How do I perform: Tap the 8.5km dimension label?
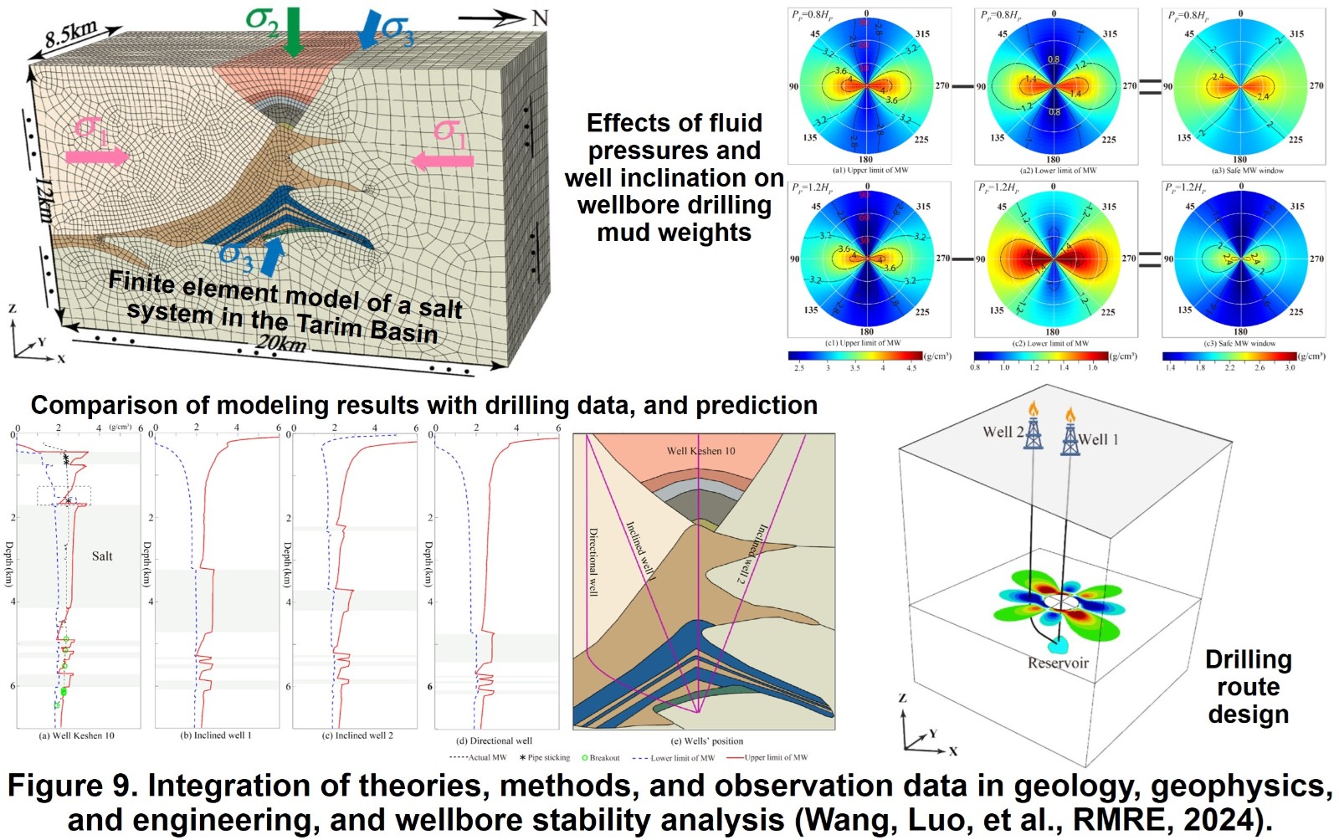point(71,35)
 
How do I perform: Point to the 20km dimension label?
point(280,343)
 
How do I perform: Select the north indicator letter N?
point(540,18)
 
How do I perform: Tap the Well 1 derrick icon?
point(1070,434)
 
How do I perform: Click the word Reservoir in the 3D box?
point(1058,663)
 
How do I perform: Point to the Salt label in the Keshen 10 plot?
point(102,556)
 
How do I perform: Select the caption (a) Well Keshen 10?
point(77,735)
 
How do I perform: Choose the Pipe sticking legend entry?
point(545,758)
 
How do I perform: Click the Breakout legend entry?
point(601,758)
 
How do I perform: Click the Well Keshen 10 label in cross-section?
point(700,451)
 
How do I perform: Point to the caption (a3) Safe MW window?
point(1241,171)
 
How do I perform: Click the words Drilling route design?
point(1248,687)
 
